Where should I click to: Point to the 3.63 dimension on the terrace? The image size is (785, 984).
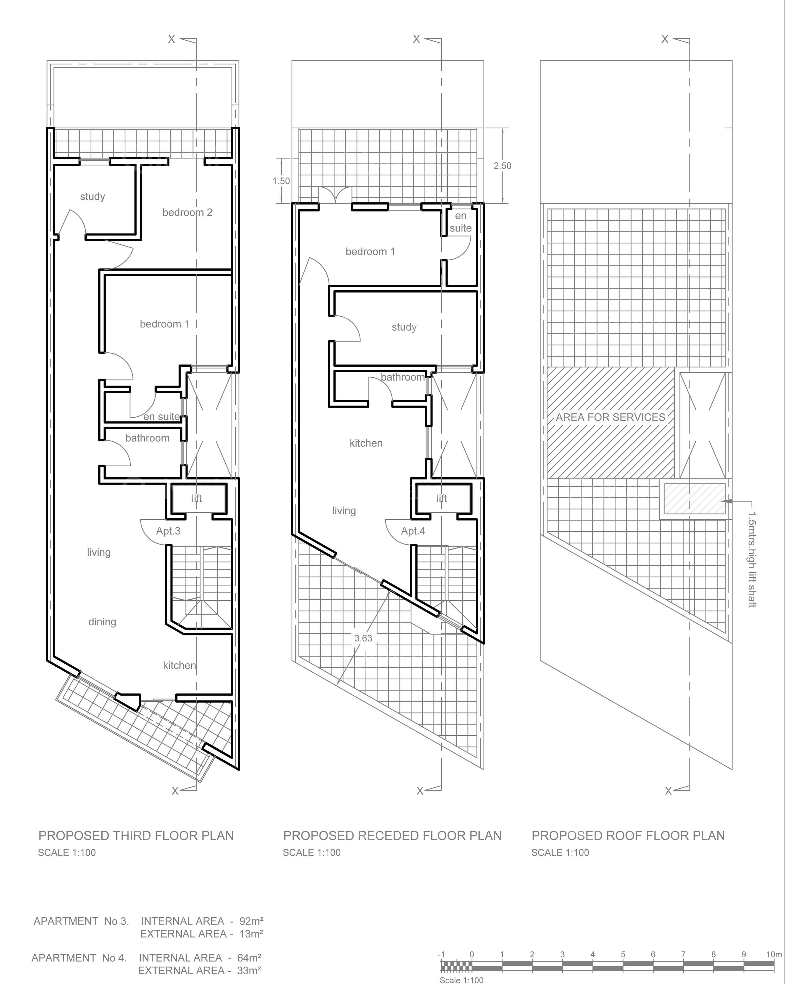pyautogui.click(x=363, y=638)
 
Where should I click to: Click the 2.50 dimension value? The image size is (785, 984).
pyautogui.click(x=502, y=166)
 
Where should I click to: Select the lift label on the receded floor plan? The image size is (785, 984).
pyautogui.click(x=442, y=498)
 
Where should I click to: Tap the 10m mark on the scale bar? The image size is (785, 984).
pyautogui.click(x=774, y=954)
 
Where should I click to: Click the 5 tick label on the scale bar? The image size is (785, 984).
pyautogui.click(x=623, y=954)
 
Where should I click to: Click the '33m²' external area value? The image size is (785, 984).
pyautogui.click(x=249, y=970)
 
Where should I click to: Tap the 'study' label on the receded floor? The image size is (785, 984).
pyautogui.click(x=404, y=327)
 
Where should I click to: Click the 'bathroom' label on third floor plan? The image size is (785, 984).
pyautogui.click(x=147, y=438)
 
